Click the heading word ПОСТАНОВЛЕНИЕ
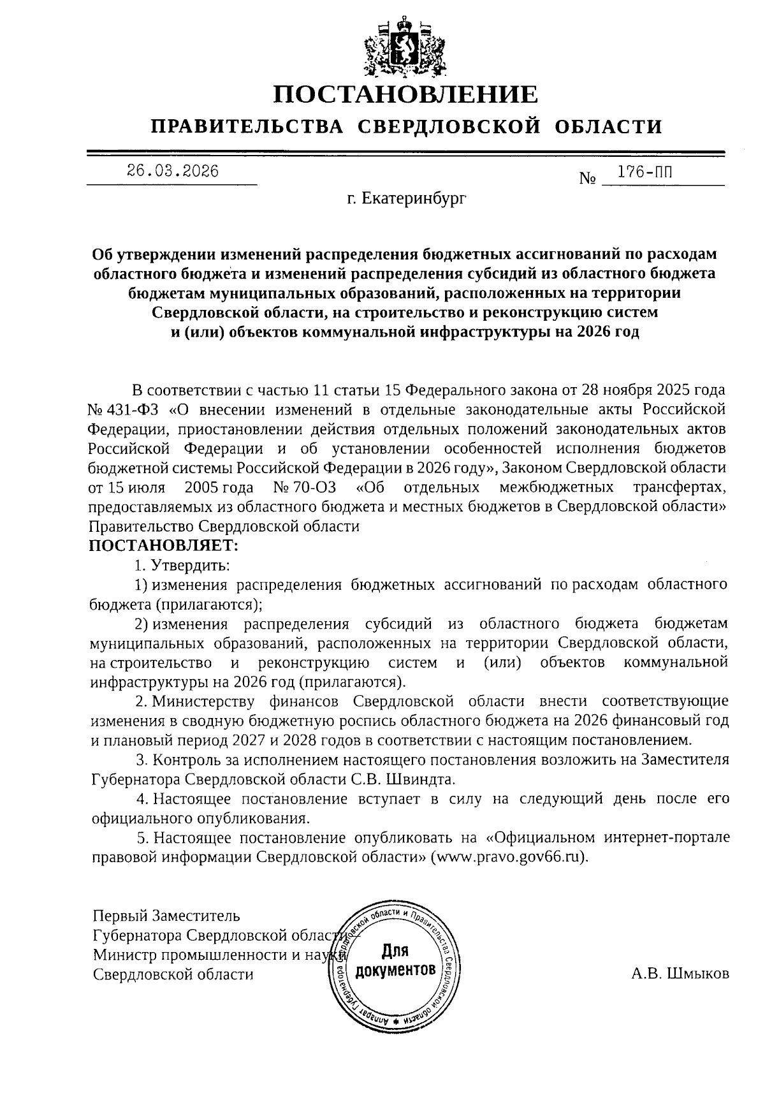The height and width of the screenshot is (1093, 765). tap(406, 95)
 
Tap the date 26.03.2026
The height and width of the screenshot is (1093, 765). tap(172, 171)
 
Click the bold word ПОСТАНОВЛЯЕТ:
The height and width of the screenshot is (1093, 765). tap(164, 546)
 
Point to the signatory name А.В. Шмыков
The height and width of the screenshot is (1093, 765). tap(680, 974)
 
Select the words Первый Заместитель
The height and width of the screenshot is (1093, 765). tap(166, 916)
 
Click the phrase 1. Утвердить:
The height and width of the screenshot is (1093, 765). tap(182, 565)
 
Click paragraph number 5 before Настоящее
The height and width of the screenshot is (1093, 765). tap(142, 837)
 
